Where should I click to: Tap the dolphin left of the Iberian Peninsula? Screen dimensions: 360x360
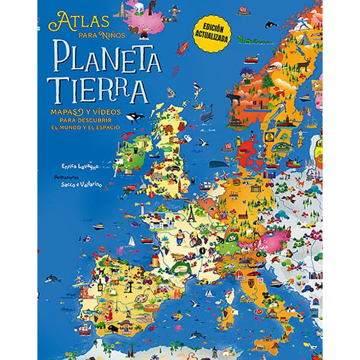(54, 277)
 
